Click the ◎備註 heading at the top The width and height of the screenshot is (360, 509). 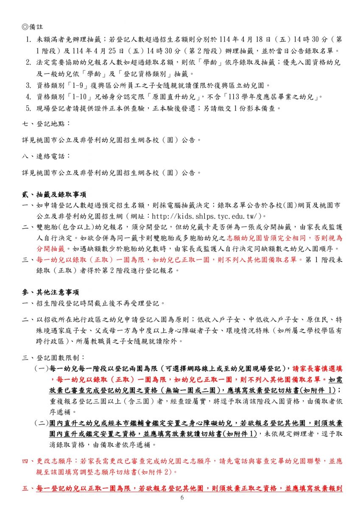pyautogui.click(x=32, y=28)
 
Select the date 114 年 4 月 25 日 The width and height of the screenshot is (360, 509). pyautogui.click(x=90, y=50)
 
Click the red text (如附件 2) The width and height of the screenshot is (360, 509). pyautogui.click(x=156, y=471)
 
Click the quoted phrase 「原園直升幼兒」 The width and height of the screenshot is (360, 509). pyautogui.click(x=193, y=97)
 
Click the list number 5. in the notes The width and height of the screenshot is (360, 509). pyautogui.click(x=28, y=108)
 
